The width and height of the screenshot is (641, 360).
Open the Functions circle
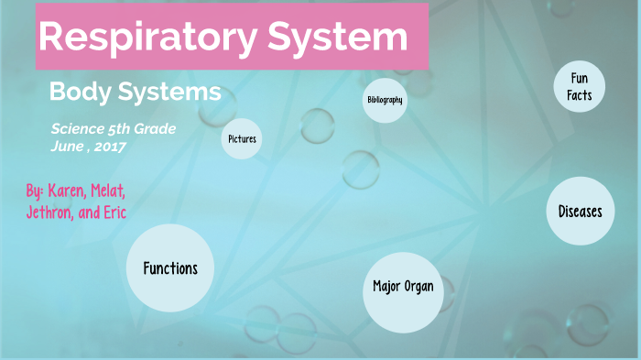coord(170,268)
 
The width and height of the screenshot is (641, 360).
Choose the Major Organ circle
coord(403,287)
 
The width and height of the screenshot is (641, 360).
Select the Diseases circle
coord(581,212)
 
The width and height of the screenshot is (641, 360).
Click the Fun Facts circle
coord(580,87)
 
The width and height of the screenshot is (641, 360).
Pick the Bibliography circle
coord(385,99)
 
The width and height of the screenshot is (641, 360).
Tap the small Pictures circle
coord(243,140)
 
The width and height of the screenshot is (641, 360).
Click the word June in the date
coord(67,147)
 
